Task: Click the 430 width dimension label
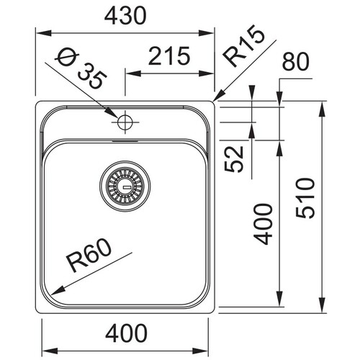(x=125, y=16)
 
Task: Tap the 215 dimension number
(x=169, y=56)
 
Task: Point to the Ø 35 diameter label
(x=81, y=69)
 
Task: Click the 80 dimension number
(x=296, y=62)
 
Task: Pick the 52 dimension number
(x=234, y=159)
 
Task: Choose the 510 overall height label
(x=305, y=198)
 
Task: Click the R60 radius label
(x=90, y=256)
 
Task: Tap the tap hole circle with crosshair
(x=125, y=122)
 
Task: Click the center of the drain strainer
(x=125, y=186)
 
